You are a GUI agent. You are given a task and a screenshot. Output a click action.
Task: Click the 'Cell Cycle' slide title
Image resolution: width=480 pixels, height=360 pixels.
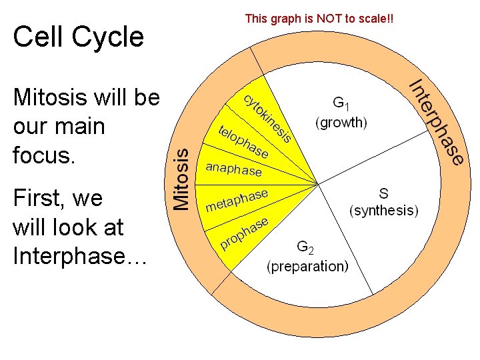(78, 37)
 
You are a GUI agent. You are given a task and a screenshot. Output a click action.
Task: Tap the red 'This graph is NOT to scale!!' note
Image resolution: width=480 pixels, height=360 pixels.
(319, 19)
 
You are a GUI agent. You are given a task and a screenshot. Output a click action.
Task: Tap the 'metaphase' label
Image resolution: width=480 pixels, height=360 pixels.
(237, 199)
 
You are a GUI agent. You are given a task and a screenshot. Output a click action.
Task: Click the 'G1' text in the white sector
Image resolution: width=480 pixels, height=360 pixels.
(341, 103)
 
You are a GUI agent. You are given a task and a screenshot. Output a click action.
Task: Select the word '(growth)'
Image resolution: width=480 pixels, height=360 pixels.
(341, 123)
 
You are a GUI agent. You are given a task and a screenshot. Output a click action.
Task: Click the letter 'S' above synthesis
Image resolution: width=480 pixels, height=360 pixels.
(384, 193)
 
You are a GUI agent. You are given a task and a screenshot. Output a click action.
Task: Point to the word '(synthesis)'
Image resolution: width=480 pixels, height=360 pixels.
(384, 211)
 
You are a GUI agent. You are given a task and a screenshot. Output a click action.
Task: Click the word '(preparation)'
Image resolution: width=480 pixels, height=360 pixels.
(307, 267)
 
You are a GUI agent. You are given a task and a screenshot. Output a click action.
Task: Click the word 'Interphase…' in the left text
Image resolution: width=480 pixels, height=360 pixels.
(79, 255)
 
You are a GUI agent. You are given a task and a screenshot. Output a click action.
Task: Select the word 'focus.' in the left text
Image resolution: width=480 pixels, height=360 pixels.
(45, 155)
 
